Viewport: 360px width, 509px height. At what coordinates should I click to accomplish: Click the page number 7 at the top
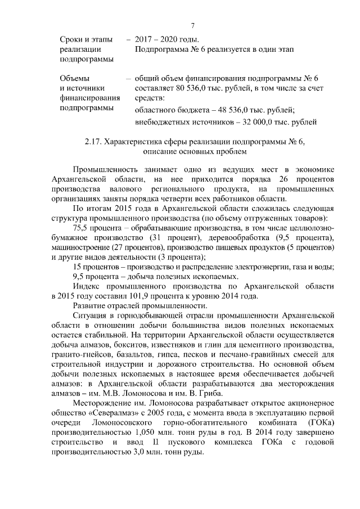(x=192, y=26)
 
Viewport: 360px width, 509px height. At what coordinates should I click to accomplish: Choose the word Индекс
(x=86, y=285)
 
